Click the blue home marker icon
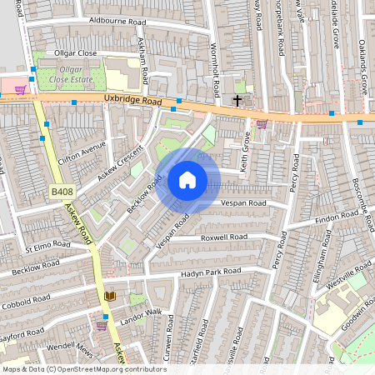click(x=187, y=180)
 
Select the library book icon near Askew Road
click(x=110, y=296)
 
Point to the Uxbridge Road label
click(x=132, y=99)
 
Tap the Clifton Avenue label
click(x=83, y=152)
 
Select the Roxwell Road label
click(x=225, y=237)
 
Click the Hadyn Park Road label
click(x=213, y=272)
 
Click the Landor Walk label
click(x=139, y=314)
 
